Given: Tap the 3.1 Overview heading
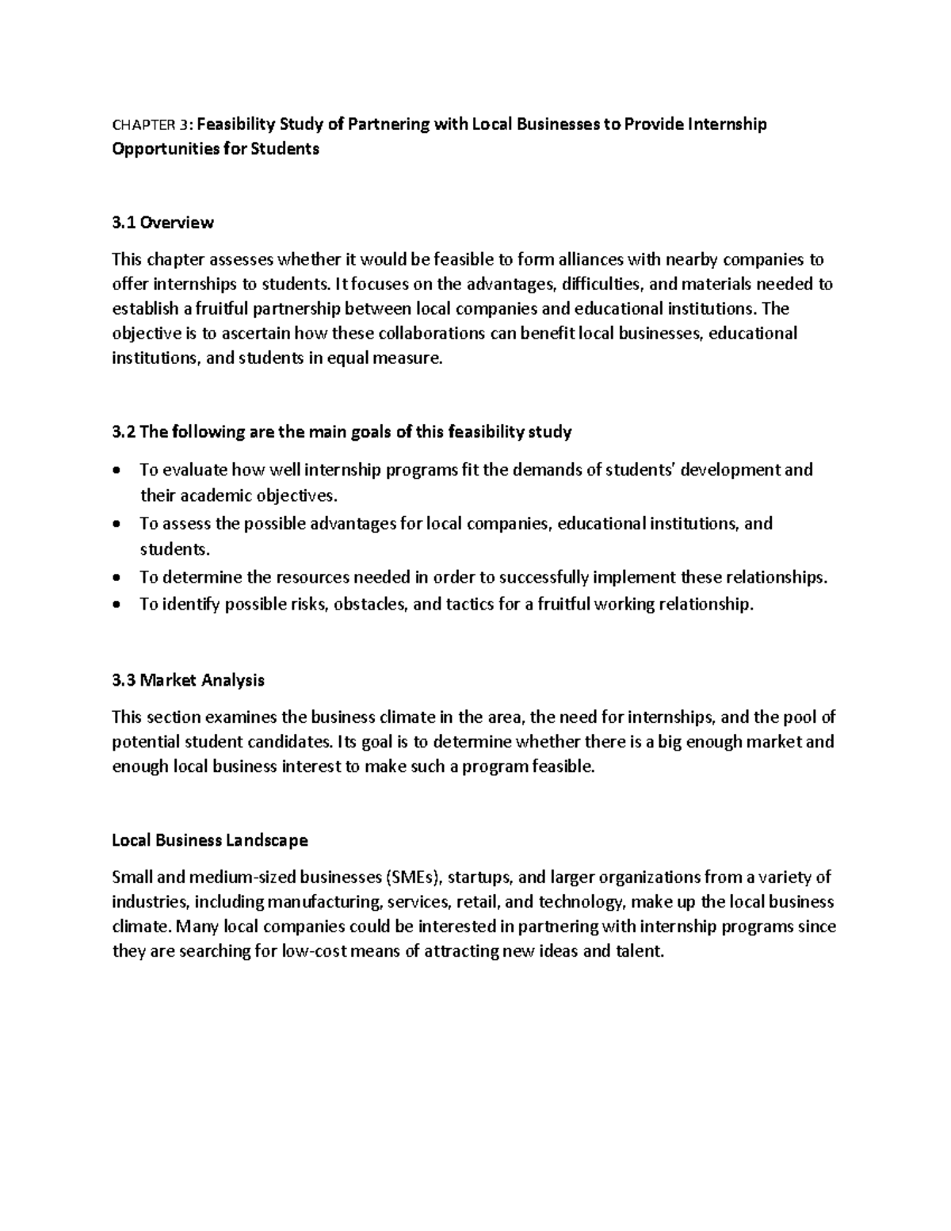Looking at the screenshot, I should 162,223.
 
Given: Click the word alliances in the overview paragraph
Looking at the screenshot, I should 587,259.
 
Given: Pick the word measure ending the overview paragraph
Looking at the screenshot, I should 409,358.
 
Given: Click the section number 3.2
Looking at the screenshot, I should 124,432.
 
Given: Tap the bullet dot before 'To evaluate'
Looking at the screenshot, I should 117,471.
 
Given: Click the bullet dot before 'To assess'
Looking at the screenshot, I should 117,525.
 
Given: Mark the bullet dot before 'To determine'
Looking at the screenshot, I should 117,579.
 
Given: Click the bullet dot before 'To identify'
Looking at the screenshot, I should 117,606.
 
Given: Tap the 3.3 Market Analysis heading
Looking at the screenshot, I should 189,680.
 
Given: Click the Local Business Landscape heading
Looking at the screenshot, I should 210,839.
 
